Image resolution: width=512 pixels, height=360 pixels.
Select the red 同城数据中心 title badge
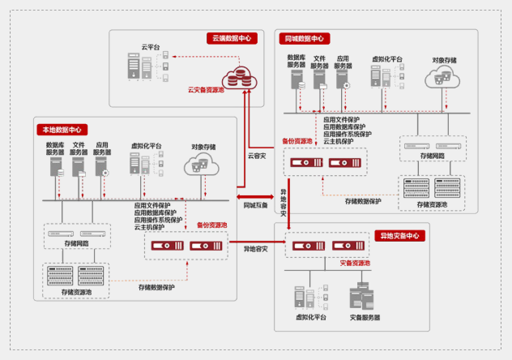(x=305, y=38)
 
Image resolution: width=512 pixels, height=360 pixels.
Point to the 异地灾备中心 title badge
(x=400, y=236)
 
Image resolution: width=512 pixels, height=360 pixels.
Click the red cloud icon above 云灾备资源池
(x=240, y=75)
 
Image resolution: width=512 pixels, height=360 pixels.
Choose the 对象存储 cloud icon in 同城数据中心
(x=444, y=79)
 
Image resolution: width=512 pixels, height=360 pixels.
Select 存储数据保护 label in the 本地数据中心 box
(x=156, y=287)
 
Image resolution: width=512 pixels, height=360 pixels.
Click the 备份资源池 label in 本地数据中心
(x=212, y=225)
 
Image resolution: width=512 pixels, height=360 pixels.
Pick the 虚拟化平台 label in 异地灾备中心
(x=311, y=317)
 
